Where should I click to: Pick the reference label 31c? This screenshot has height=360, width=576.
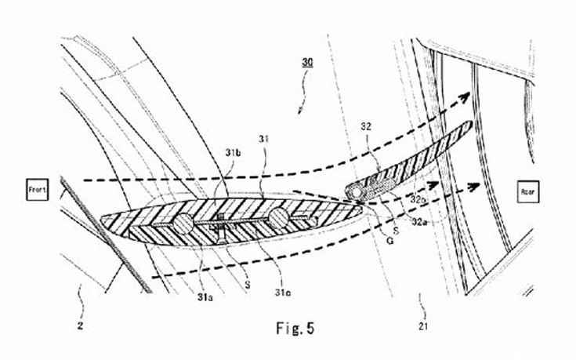click(282, 295)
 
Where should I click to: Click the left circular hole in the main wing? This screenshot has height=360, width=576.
click(180, 225)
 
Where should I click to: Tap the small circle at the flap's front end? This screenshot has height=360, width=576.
click(357, 190)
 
